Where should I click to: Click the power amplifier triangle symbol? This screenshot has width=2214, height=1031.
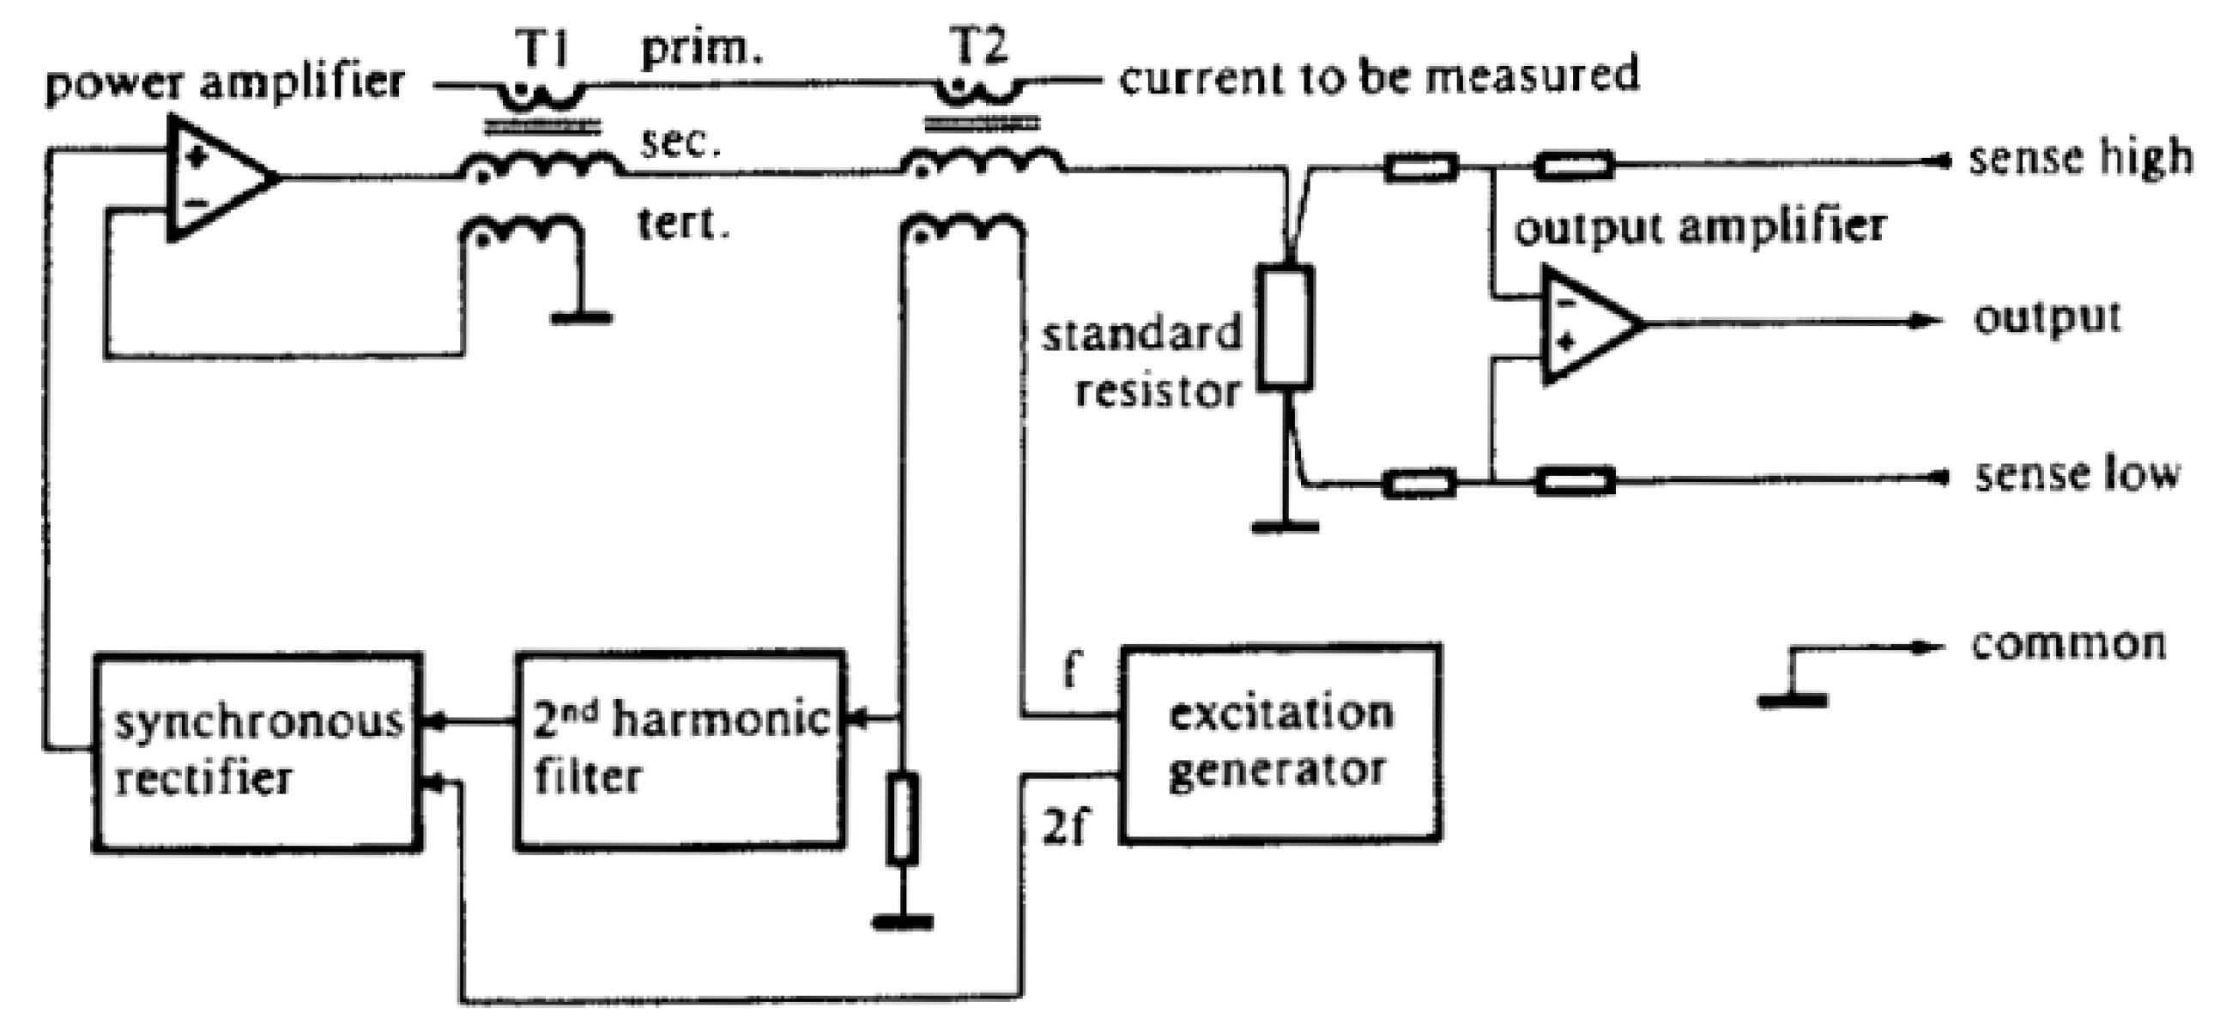pyautogui.click(x=215, y=178)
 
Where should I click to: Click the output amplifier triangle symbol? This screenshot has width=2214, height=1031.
pyautogui.click(x=1586, y=323)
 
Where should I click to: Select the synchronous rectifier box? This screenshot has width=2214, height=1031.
pyautogui.click(x=257, y=751)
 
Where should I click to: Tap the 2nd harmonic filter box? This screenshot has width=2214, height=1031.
pyautogui.click(x=680, y=750)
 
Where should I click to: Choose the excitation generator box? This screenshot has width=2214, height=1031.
pyautogui.click(x=1280, y=743)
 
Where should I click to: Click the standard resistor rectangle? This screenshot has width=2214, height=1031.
pyautogui.click(x=1285, y=328)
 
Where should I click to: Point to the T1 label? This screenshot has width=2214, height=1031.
pyautogui.click(x=543, y=47)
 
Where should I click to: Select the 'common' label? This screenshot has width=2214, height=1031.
pyautogui.click(x=2068, y=644)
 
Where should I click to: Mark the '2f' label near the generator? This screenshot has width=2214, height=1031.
pyautogui.click(x=1064, y=829)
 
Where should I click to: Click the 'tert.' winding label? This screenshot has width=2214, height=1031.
pyautogui.click(x=683, y=224)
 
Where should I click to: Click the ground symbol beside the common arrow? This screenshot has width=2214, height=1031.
pyautogui.click(x=1792, y=700)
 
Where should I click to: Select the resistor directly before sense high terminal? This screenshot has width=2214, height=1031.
pyautogui.click(x=1574, y=165)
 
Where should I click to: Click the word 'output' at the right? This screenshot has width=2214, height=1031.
pyautogui.click(x=2047, y=318)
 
